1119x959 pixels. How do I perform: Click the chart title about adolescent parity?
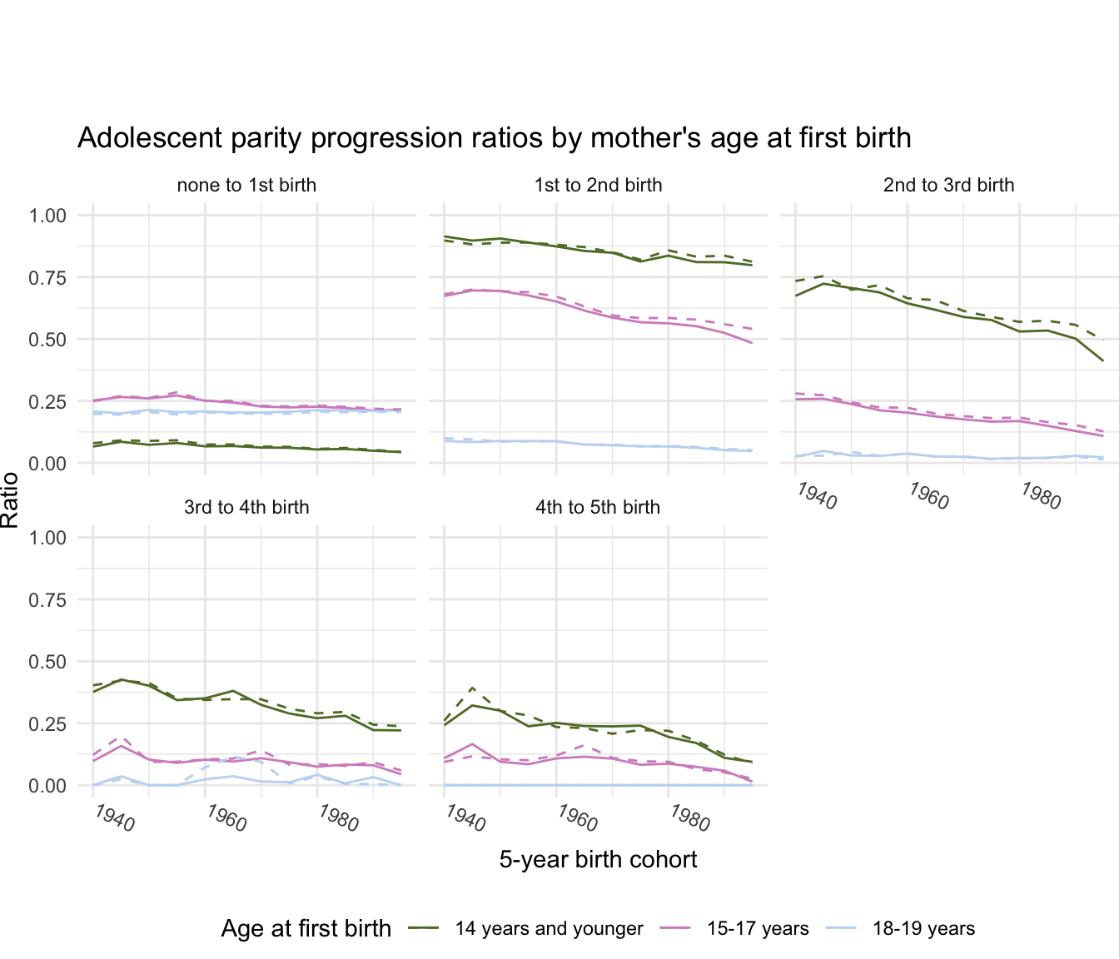(494, 138)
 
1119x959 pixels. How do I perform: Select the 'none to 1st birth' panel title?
(246, 185)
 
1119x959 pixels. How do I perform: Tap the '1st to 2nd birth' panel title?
(598, 185)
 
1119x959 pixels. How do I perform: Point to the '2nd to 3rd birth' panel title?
(949, 185)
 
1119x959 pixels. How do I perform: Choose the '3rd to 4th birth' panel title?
(246, 507)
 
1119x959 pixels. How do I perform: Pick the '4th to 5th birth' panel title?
(598, 507)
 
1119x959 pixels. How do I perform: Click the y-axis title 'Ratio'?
(11, 499)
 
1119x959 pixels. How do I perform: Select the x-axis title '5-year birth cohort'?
(598, 859)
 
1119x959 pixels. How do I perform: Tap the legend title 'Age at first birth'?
(306, 929)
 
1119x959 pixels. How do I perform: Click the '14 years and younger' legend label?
(549, 929)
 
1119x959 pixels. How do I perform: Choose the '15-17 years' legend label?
(758, 929)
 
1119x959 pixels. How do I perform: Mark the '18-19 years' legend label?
(923, 929)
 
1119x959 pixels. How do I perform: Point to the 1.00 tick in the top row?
(47, 216)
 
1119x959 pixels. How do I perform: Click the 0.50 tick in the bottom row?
(47, 662)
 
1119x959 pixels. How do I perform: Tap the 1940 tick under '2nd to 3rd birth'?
(816, 496)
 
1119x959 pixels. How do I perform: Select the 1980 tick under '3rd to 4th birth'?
(337, 818)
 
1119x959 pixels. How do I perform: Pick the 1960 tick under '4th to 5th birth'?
(577, 818)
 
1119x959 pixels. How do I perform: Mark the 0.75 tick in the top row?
(47, 277)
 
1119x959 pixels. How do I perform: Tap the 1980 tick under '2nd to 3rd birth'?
(1040, 496)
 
